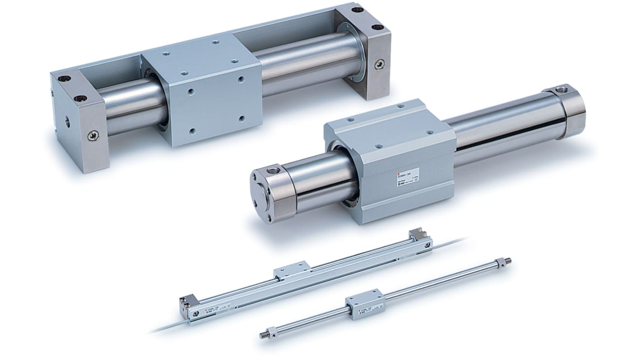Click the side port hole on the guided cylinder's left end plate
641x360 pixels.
click(x=67, y=122)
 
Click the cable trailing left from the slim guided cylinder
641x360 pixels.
click(x=167, y=329)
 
